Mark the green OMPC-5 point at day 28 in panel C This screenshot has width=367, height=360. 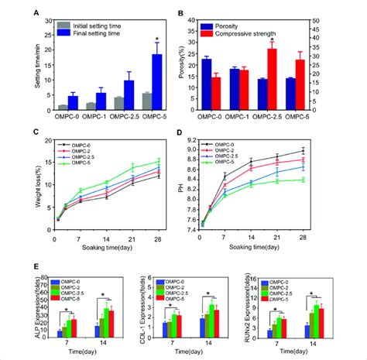point(159,161)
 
